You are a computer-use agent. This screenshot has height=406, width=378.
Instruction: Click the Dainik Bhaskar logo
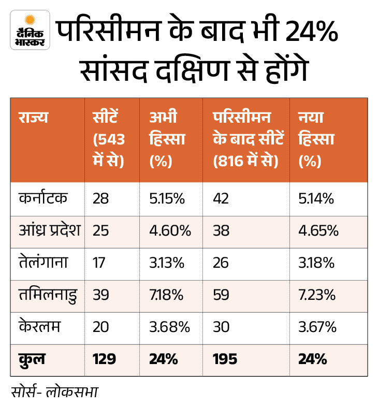[30, 30]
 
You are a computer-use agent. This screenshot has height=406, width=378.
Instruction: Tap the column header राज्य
[33, 117]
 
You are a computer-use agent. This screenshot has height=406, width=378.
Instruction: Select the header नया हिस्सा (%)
[317, 139]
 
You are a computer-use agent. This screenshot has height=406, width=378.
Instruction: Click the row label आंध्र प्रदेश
[49, 230]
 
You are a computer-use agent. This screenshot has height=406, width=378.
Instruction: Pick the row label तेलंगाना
[43, 263]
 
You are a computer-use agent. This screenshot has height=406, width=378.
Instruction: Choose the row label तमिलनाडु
[47, 295]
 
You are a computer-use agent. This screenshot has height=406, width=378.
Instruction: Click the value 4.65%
[318, 230]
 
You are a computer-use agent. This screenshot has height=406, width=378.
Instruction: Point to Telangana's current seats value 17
[99, 263]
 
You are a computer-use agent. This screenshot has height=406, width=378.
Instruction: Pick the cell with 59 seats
[222, 295]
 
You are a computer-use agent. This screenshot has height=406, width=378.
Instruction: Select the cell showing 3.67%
[318, 327]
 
